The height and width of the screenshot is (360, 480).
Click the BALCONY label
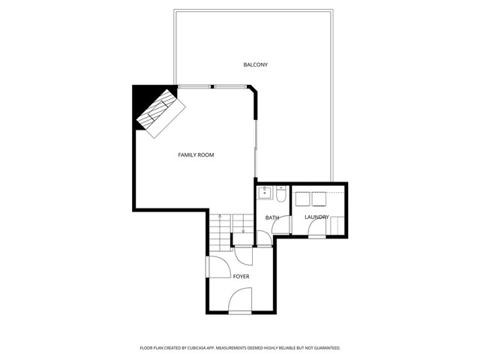255,64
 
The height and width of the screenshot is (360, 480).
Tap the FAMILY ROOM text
196,155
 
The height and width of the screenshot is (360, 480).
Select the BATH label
272,218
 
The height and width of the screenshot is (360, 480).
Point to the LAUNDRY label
316,217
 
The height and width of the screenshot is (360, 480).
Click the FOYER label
241,277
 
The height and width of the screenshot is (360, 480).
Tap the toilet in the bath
280,195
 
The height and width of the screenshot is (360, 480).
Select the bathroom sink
265,193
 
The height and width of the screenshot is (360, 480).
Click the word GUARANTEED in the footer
324,348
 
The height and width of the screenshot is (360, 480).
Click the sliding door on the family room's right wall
256,142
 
